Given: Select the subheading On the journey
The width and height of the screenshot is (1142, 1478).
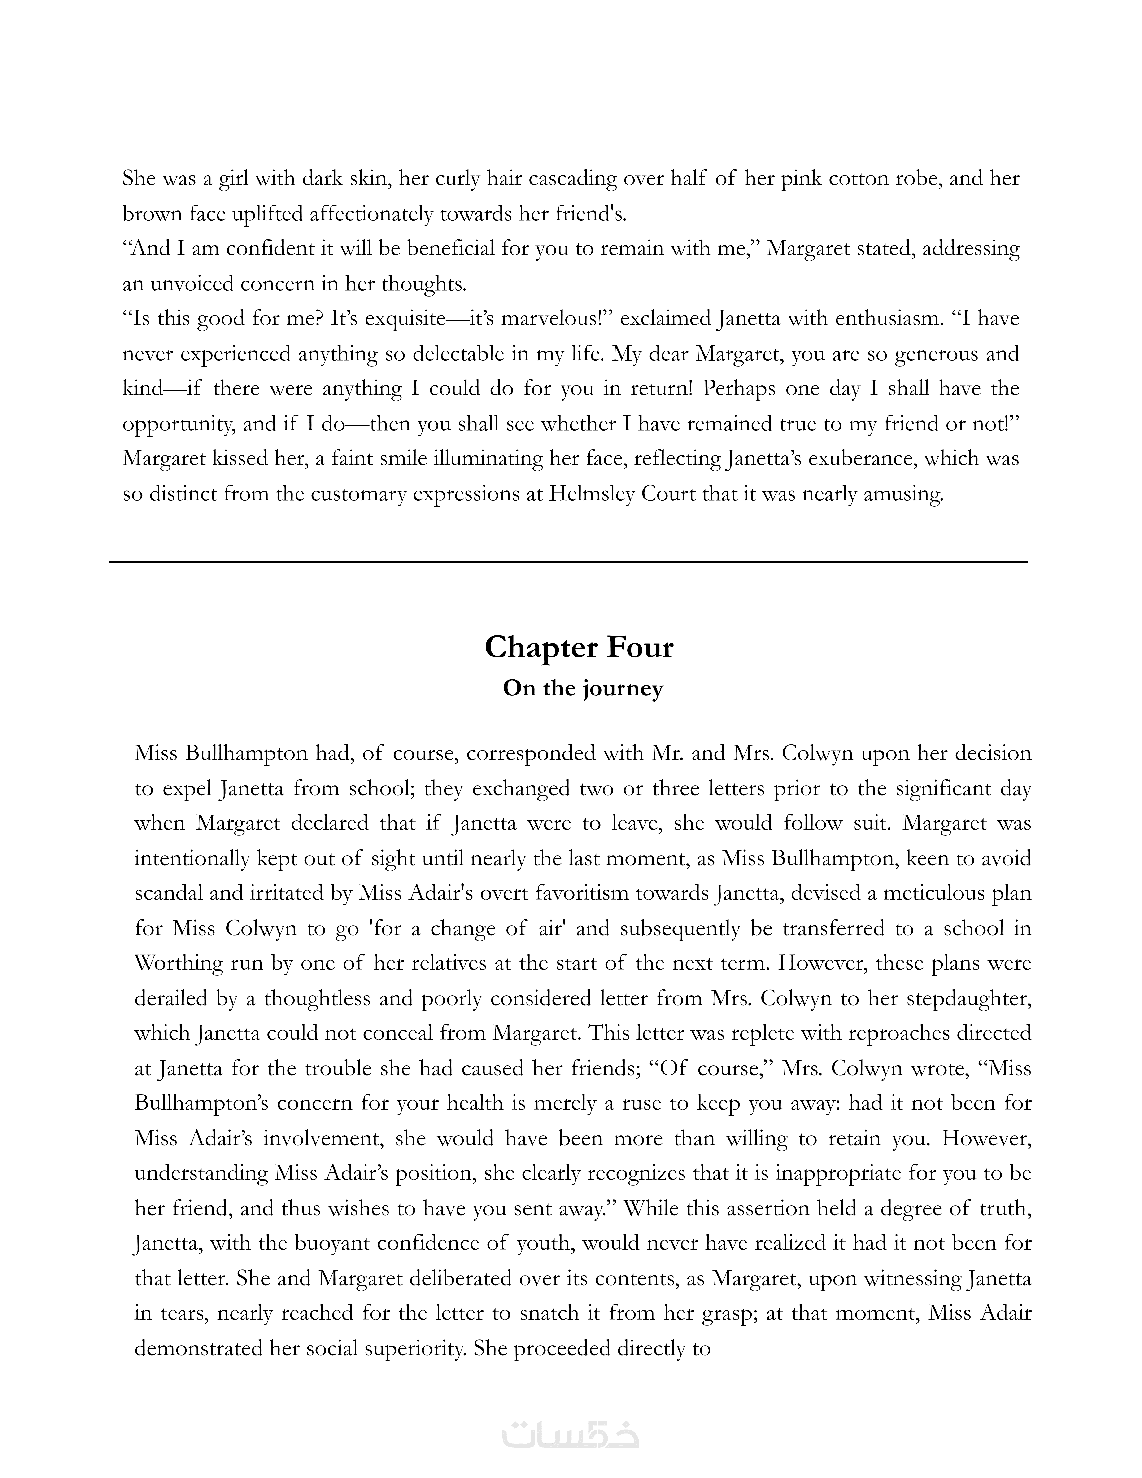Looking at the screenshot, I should coord(583,688).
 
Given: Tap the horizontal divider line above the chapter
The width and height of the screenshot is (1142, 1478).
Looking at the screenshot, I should coord(568,562).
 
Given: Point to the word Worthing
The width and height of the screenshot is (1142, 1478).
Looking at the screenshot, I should coord(179,963).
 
